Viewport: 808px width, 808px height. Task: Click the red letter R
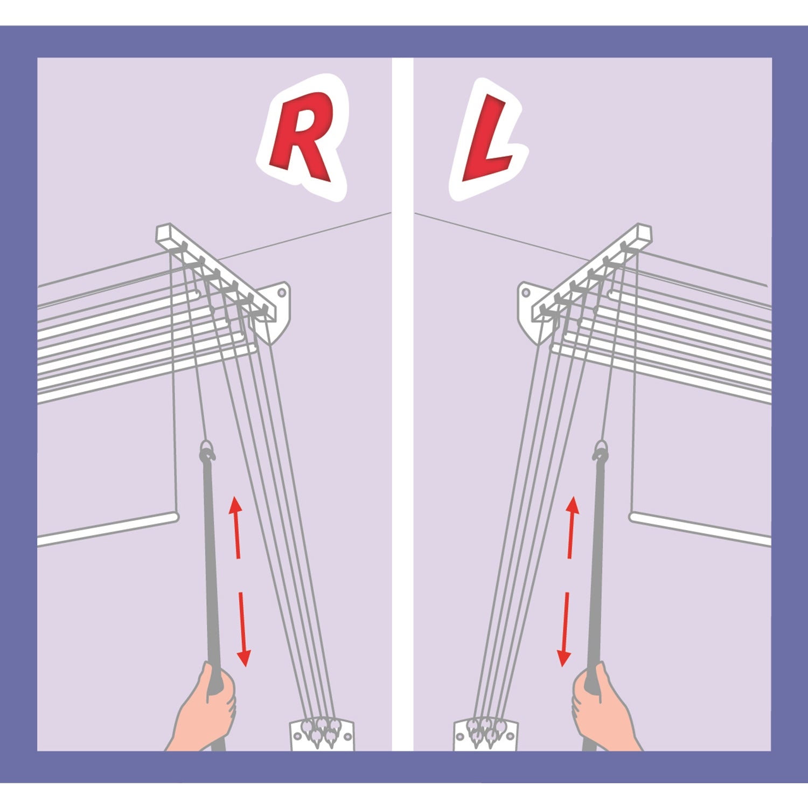coord(302,136)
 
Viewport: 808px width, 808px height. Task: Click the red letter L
coord(485,138)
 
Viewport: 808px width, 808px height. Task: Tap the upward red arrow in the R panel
coord(235,527)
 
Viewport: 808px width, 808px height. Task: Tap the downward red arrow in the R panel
coord(242,629)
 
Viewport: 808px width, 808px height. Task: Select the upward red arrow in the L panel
coord(572,527)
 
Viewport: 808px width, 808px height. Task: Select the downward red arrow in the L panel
coord(565,629)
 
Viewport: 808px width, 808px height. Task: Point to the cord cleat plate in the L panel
coord(486,735)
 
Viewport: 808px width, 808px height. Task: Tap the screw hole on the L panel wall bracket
coord(526,293)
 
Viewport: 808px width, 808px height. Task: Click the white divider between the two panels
coord(402,404)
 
